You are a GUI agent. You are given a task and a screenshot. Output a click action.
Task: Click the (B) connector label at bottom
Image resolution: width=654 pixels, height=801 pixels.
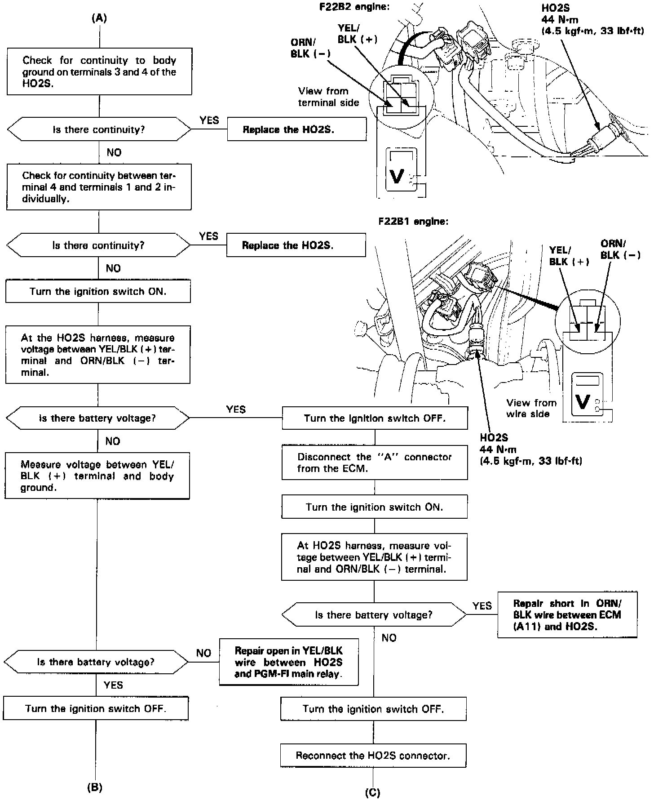pyautogui.click(x=95, y=787)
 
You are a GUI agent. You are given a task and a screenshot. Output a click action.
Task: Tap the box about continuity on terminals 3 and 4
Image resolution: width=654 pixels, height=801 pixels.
pyautogui.click(x=99, y=72)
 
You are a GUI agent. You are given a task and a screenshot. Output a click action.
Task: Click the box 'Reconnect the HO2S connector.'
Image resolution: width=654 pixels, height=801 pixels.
pyautogui.click(x=373, y=756)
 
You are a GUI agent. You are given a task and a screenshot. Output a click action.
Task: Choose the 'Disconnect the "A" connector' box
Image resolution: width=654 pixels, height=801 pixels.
pyautogui.click(x=374, y=463)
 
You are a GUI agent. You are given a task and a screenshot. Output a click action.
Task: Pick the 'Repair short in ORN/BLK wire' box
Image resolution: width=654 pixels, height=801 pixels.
pyautogui.click(x=567, y=615)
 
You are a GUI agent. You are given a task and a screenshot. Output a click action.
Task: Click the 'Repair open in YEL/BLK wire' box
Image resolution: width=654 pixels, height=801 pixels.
pyautogui.click(x=288, y=662)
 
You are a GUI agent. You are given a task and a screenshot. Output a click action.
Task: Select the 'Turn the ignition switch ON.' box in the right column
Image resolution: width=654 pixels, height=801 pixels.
pyautogui.click(x=374, y=507)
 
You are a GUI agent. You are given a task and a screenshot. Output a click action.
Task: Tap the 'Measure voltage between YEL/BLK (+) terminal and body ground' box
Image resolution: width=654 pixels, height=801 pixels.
pyautogui.click(x=97, y=476)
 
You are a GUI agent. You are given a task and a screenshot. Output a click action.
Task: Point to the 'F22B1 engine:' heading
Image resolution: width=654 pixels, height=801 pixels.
pyautogui.click(x=413, y=222)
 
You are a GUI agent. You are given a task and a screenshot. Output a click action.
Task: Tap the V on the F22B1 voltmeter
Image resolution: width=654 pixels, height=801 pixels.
pyautogui.click(x=582, y=401)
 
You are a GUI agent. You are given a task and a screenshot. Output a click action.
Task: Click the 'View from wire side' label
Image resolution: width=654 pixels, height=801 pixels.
pyautogui.click(x=531, y=408)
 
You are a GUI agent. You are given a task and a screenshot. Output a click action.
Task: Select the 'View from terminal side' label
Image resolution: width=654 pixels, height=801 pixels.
pyautogui.click(x=328, y=97)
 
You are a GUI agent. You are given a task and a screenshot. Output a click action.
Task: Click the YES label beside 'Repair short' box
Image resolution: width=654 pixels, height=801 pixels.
pyautogui.click(x=482, y=606)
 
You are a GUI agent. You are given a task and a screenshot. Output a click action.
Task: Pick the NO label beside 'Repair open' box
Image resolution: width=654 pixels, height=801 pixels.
pyautogui.click(x=203, y=653)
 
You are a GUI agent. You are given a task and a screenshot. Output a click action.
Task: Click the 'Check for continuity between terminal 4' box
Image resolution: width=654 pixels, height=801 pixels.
pyautogui.click(x=99, y=187)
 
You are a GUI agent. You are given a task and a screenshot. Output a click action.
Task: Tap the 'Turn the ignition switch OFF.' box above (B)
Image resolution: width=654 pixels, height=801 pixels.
pyautogui.click(x=96, y=709)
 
